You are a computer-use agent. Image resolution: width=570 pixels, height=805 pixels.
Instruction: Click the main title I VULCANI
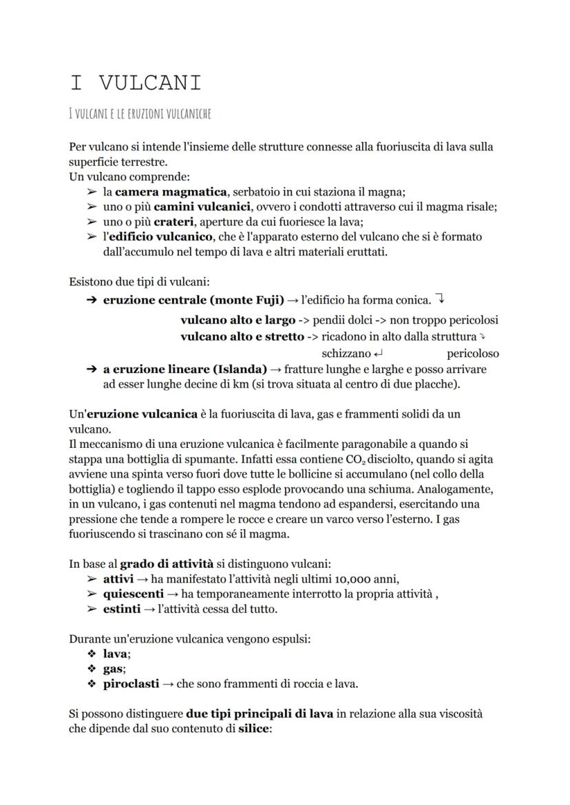(x=136, y=83)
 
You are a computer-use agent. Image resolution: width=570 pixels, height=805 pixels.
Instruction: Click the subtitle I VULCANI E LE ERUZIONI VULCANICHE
(x=140, y=114)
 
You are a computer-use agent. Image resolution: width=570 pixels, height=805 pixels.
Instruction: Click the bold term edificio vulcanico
(x=155, y=237)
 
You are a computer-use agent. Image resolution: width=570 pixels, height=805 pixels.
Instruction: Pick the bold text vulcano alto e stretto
(x=242, y=336)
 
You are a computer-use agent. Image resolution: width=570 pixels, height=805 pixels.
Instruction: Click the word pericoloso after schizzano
(x=472, y=354)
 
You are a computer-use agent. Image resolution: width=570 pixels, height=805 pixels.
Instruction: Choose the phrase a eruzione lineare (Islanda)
(x=184, y=369)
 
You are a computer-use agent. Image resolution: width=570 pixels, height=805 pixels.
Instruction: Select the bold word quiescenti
(x=133, y=593)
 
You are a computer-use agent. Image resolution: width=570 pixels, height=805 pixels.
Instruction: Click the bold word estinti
(x=122, y=609)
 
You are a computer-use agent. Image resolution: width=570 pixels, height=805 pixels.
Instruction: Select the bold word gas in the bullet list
(x=113, y=669)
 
